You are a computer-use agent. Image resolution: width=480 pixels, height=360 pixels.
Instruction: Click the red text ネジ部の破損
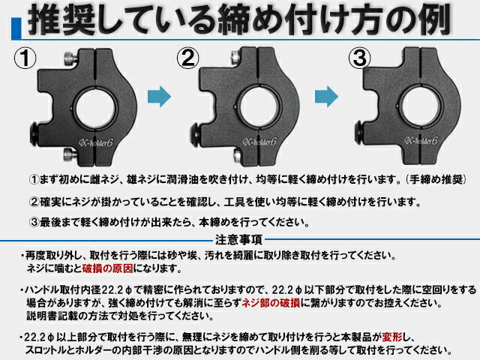coord(266,302)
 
